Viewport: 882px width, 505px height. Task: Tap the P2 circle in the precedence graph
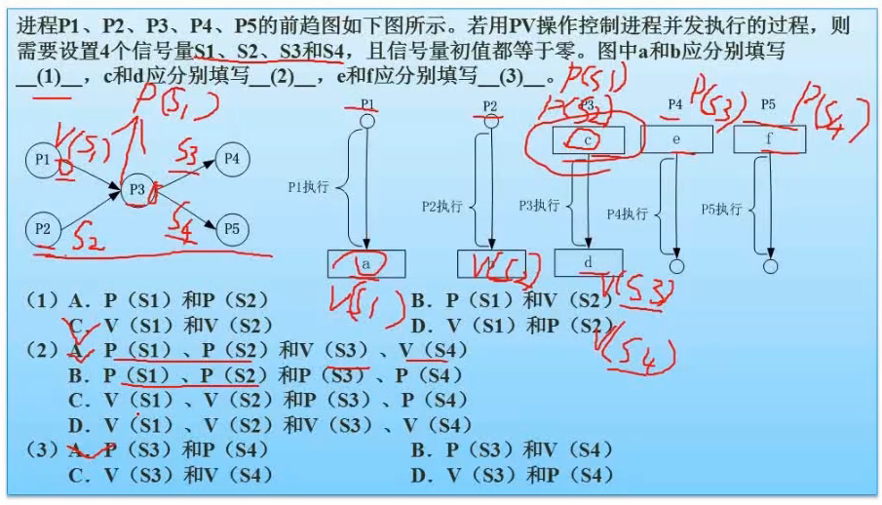pyautogui.click(x=43, y=229)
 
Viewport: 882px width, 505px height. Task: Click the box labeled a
pyautogui.click(x=366, y=264)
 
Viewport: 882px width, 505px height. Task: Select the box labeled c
pyautogui.click(x=588, y=140)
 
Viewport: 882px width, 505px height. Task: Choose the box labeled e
pyautogui.click(x=675, y=140)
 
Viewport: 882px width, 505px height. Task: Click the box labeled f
pyautogui.click(x=770, y=139)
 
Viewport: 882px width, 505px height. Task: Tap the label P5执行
pyautogui.click(x=722, y=209)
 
